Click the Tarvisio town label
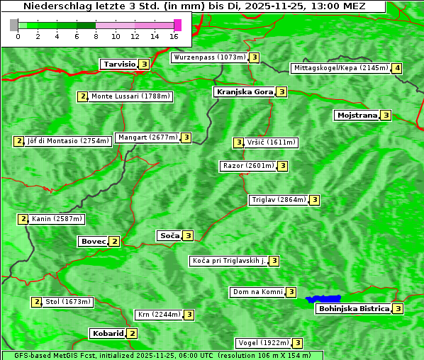coord(118,64)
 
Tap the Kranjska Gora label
coord(244,92)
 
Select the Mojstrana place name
coord(357,115)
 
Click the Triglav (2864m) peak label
coord(279,200)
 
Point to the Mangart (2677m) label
coord(147,137)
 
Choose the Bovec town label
coord(93,241)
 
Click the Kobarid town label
coord(107,333)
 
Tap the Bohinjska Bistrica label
coord(353,308)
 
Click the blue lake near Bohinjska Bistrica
coord(323,299)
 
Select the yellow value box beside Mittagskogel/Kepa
coord(398,68)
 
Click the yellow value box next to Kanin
coord(23,219)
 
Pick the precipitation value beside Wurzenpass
coord(255,57)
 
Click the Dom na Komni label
coord(257,292)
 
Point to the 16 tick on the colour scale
coord(174,35)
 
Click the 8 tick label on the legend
coord(96,35)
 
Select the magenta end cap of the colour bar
coord(177,25)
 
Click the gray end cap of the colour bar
coord(14,25)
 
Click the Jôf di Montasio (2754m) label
coord(68,141)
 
